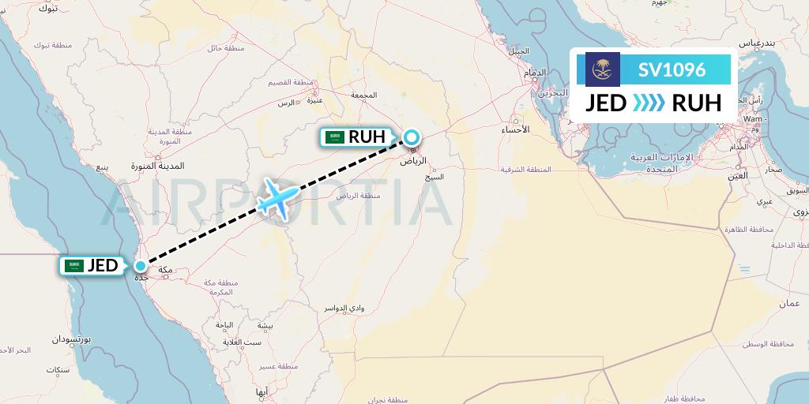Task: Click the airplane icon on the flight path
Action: pos(277,196)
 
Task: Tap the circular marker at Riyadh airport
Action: pos(412,137)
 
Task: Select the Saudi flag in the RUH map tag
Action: pos(336,137)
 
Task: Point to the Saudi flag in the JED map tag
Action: pos(75,267)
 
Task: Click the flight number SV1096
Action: pos(672,69)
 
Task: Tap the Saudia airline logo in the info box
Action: pos(602,69)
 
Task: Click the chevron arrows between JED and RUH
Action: pos(649,103)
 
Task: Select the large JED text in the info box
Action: pos(606,103)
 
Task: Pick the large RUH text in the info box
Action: pos(695,103)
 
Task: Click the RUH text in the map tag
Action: pos(367,137)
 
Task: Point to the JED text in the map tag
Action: pos(102,267)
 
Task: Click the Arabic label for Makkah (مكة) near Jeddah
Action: pos(166,271)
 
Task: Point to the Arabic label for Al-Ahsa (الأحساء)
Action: pos(515,129)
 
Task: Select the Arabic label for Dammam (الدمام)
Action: pos(535,73)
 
